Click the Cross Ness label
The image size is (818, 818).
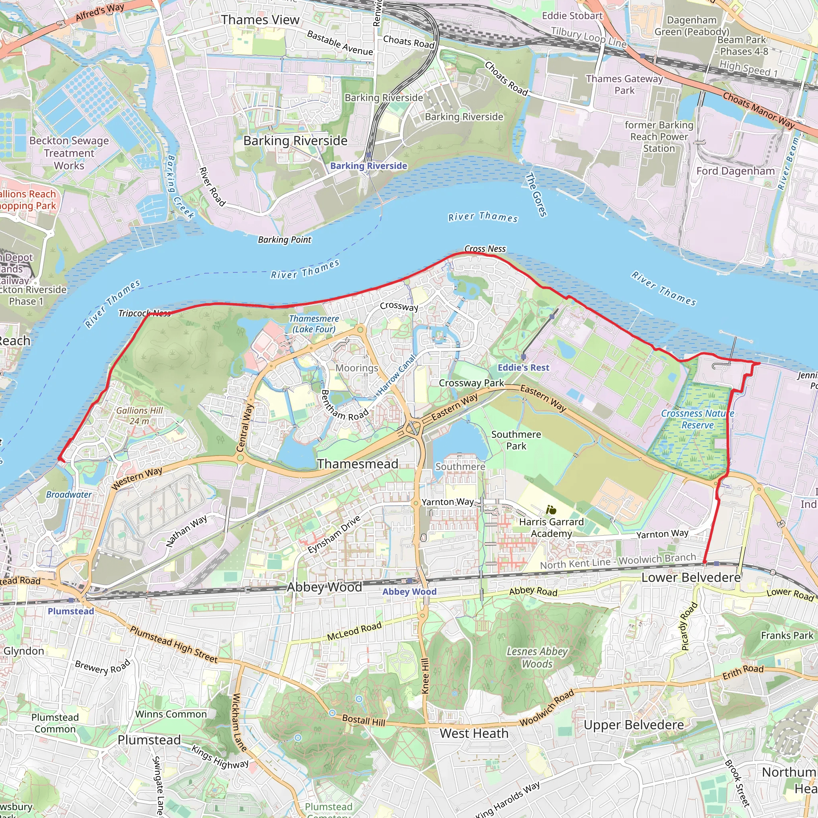[485, 249]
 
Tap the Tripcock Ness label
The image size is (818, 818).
[144, 313]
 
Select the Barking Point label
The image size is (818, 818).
[284, 240]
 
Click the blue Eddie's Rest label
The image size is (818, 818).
[523, 367]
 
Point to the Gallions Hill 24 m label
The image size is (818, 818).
[139, 416]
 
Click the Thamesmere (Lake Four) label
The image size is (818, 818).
[314, 324]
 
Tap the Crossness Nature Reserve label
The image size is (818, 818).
[697, 419]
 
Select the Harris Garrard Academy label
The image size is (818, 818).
[551, 528]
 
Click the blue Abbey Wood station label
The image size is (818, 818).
[409, 592]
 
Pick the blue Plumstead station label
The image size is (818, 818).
[71, 612]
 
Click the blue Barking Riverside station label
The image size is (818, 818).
[368, 166]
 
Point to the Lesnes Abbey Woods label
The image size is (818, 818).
[537, 657]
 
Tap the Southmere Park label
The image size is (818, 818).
[516, 440]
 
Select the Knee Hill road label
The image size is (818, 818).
[425, 676]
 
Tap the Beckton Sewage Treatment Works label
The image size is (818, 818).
[69, 153]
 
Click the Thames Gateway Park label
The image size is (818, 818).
[624, 84]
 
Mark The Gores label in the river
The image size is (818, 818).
[536, 195]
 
